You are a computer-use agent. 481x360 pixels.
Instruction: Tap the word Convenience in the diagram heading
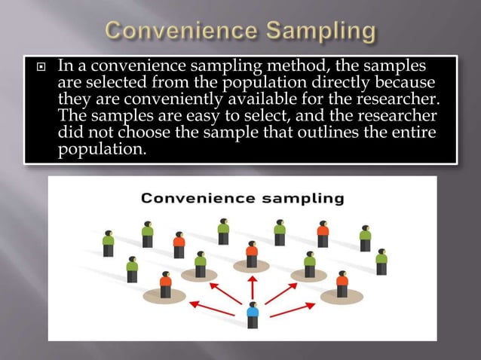click(198, 199)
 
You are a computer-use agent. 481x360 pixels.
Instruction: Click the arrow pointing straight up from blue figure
click(253, 287)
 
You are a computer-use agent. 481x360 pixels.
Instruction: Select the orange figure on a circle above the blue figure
click(252, 255)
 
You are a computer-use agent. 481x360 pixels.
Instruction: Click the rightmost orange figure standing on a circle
click(342, 285)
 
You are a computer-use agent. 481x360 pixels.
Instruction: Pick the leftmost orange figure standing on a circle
click(166, 285)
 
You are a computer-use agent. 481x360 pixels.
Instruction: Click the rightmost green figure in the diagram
click(381, 261)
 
